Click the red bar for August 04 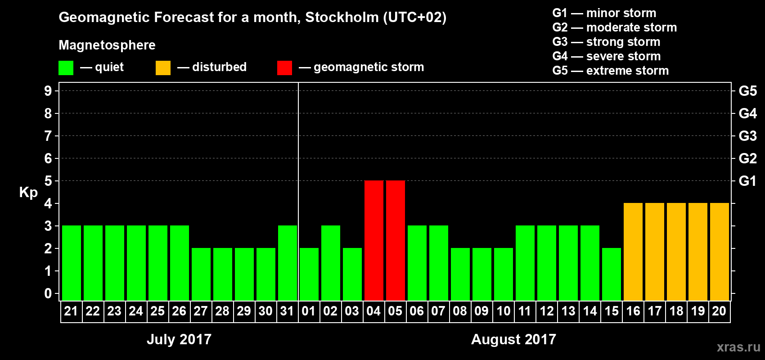tap(374, 240)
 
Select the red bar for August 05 tap(396, 240)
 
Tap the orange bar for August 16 tap(633, 252)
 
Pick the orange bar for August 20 tap(720, 252)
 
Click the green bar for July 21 tap(72, 263)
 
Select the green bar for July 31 tap(288, 263)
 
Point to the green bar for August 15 tap(612, 274)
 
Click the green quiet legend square tap(66, 68)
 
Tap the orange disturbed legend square tap(163, 68)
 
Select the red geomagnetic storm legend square tap(284, 68)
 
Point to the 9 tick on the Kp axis tap(48, 91)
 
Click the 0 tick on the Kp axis tap(48, 294)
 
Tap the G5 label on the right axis tap(747, 91)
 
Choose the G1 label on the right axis tap(747, 181)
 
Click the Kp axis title tap(28, 193)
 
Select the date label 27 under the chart tap(201, 311)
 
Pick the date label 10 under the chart tap(503, 311)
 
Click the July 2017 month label tap(179, 339)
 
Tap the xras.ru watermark tap(738, 347)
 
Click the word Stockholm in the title tap(342, 18)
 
